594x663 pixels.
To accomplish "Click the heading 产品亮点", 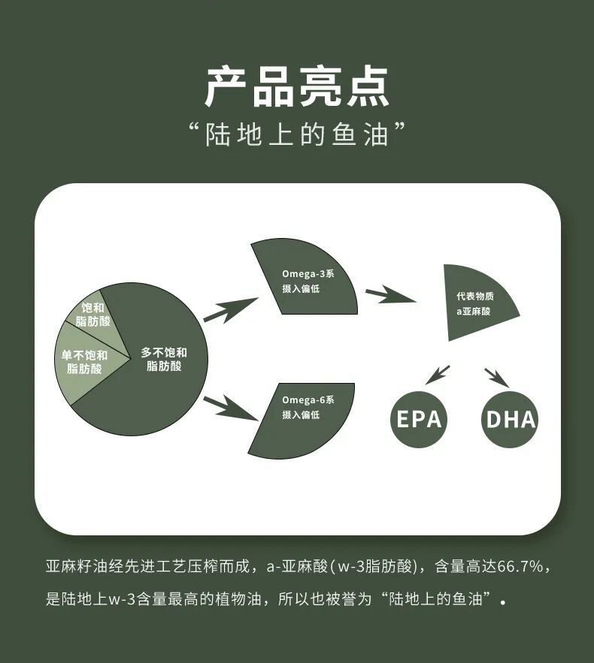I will coord(297,87).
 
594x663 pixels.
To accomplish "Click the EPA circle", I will coord(419,419).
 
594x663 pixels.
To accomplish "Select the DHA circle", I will coord(511,419).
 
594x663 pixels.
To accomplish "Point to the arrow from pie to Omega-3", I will coord(229,309).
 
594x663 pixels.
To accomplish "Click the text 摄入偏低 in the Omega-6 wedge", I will coord(301,415).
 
